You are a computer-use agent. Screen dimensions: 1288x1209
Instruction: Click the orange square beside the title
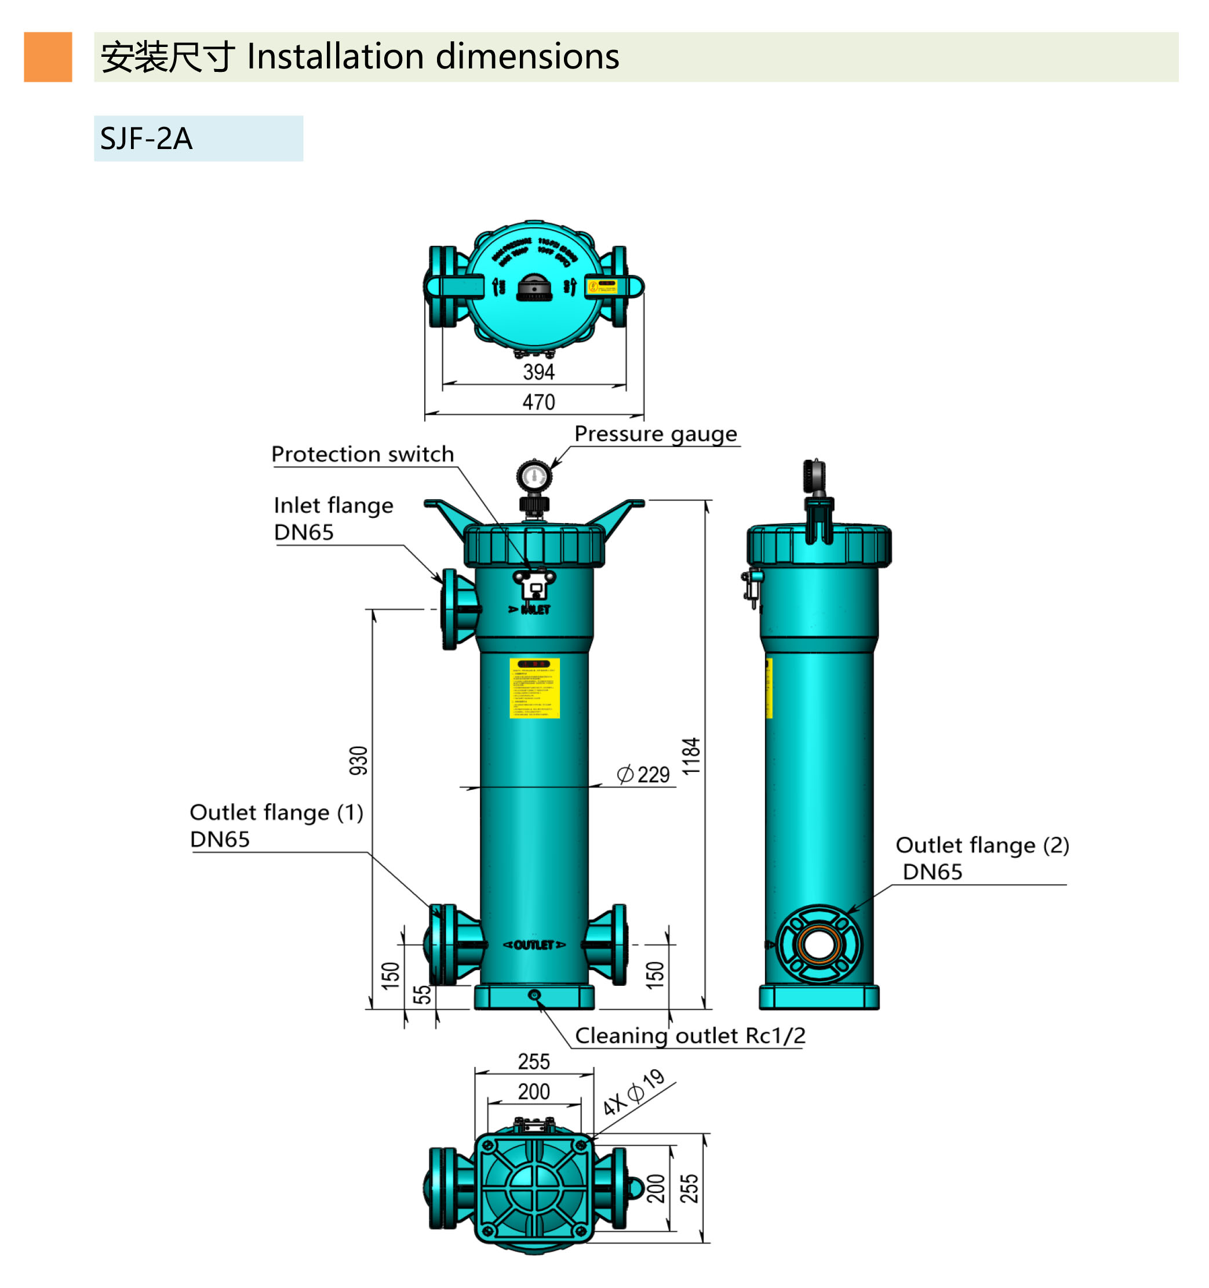(48, 57)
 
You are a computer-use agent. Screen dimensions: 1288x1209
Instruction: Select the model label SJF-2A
(147, 139)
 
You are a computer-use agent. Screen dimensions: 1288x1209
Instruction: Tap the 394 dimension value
(538, 372)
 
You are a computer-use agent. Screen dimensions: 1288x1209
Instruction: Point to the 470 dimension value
(538, 402)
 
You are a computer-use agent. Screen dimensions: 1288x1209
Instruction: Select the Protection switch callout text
(363, 454)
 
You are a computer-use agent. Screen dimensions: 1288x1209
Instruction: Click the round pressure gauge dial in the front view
(534, 477)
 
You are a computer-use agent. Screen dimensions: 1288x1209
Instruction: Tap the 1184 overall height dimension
(691, 756)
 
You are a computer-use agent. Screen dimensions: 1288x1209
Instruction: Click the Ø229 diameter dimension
(643, 774)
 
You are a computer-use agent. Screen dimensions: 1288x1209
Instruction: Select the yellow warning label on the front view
(534, 688)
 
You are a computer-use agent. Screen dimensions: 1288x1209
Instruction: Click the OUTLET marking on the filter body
(534, 945)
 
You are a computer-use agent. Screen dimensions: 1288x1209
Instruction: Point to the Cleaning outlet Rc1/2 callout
(690, 1036)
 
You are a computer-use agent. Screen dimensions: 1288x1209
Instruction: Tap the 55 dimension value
(421, 995)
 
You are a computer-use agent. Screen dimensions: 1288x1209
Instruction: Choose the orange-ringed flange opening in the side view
(819, 944)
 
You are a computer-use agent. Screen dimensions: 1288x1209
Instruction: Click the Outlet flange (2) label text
(982, 846)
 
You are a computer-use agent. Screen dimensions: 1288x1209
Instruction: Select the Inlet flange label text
(333, 505)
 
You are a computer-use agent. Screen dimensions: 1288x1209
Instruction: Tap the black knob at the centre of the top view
(534, 288)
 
